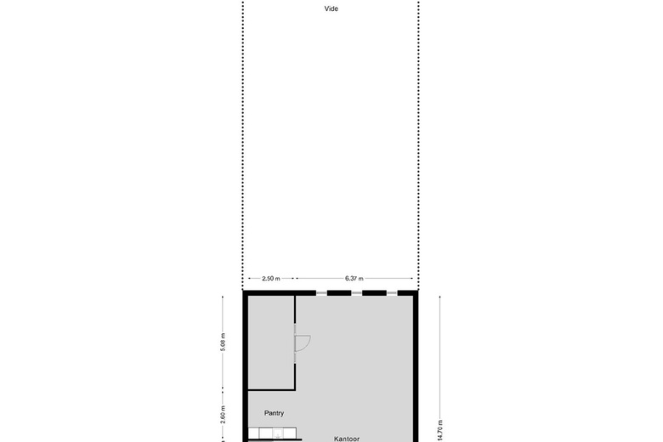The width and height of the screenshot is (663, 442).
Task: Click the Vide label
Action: click(x=331, y=8)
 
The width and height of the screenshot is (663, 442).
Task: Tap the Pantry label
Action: click(x=274, y=413)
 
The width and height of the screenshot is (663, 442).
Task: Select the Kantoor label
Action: click(x=347, y=439)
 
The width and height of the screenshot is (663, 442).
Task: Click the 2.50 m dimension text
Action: click(x=271, y=278)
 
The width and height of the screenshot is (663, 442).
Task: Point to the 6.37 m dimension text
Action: click(x=354, y=278)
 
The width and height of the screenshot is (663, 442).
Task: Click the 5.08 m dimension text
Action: click(x=223, y=342)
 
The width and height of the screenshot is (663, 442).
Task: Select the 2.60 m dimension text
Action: click(x=223, y=415)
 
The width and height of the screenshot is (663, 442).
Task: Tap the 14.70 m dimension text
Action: click(x=440, y=431)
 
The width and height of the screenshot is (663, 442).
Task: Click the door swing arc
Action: click(x=308, y=343)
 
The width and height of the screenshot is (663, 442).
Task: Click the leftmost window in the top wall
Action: click(x=321, y=292)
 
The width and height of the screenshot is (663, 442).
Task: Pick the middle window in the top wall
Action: click(x=356, y=292)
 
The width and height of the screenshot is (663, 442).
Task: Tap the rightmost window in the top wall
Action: click(x=392, y=292)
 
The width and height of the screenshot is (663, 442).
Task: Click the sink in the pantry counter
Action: click(x=278, y=433)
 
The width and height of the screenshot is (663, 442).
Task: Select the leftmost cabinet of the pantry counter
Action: click(x=253, y=433)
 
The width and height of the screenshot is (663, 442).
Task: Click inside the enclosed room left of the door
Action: click(x=271, y=342)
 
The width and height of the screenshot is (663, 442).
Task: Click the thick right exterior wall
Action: click(x=416, y=366)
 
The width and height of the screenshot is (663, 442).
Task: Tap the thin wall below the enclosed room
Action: click(x=271, y=388)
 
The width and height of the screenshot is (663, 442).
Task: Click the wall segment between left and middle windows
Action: click(x=339, y=292)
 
